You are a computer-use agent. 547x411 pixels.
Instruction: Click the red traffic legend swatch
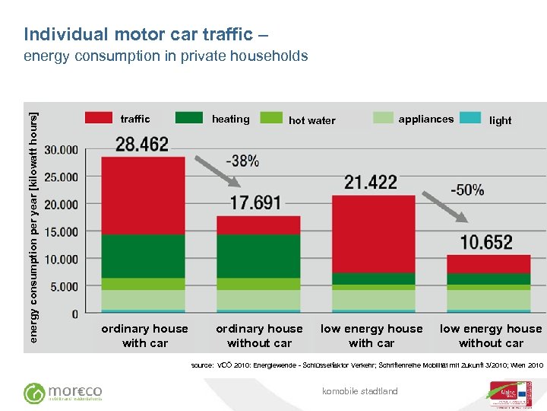click(x=99, y=118)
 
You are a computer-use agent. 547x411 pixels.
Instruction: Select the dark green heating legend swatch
click(x=189, y=118)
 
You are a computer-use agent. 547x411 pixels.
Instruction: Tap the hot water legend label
click(x=311, y=120)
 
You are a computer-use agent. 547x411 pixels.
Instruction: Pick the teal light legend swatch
click(x=471, y=118)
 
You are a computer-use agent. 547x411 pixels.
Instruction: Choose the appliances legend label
click(x=425, y=119)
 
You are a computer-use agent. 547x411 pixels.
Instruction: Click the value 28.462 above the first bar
click(x=142, y=145)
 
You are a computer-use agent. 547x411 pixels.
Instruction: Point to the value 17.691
click(x=255, y=203)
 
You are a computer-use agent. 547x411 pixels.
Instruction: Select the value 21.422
click(x=371, y=182)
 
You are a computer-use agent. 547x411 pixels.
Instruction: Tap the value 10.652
click(x=486, y=242)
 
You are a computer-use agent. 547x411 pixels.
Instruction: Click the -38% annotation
click(x=242, y=161)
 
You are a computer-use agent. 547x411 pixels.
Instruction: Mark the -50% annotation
click(x=468, y=190)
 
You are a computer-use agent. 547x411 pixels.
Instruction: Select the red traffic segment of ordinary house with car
click(x=142, y=195)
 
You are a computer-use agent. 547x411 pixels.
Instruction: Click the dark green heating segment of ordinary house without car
click(x=258, y=256)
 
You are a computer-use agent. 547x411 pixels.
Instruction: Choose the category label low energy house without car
click(x=491, y=336)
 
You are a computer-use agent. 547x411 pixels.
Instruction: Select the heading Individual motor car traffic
click(x=145, y=34)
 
